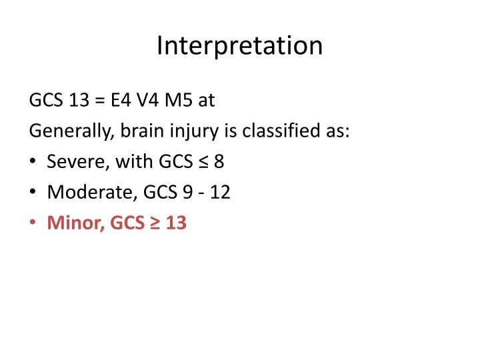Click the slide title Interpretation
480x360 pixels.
click(240, 45)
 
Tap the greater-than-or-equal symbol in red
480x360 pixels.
click(155, 223)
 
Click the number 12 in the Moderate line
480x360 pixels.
click(221, 192)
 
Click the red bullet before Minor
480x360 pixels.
click(33, 223)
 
